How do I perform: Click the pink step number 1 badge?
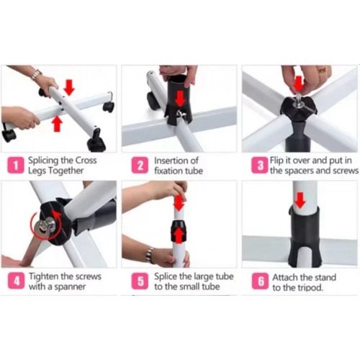coord(16,165)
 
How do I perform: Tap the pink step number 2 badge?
coord(140,165)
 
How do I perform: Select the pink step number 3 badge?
coord(260,165)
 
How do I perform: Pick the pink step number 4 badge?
coord(16,281)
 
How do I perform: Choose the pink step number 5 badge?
coord(140,281)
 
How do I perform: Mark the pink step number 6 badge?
coord(260,281)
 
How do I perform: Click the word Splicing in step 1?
coord(43,161)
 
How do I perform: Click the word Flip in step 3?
coord(276,161)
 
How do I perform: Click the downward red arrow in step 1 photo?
coord(69,88)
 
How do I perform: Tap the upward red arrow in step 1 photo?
coord(57,123)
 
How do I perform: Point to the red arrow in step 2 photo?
coord(180,99)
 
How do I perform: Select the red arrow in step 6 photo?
coord(300,200)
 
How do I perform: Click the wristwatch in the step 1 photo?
coord(37,74)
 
